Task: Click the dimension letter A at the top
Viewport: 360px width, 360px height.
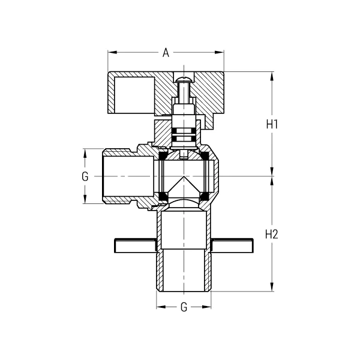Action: coord(166,52)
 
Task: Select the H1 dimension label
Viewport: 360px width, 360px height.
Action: coord(272,124)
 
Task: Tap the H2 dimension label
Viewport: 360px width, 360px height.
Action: coord(272,235)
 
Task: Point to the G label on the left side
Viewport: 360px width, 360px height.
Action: coord(85,176)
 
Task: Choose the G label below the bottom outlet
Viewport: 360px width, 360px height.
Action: coord(184,307)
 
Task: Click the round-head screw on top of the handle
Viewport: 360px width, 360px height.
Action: coord(184,77)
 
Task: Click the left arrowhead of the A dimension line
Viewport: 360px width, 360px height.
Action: coord(111,52)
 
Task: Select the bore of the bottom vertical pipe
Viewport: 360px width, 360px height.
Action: coord(184,252)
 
